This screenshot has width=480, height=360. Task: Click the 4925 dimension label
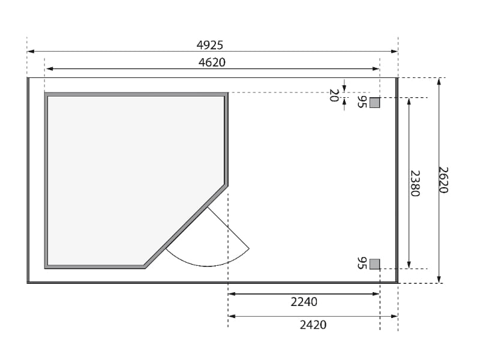point(209,46)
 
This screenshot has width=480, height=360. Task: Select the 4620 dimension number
point(212,62)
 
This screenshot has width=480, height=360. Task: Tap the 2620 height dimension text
point(443,180)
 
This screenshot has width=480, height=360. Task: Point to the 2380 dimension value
point(415,184)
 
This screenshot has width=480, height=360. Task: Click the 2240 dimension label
point(304,302)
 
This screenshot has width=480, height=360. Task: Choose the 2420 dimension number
point(313,325)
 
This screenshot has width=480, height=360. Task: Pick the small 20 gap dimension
point(334,95)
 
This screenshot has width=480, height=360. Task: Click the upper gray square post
point(374,103)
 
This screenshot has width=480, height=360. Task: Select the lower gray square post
point(374,264)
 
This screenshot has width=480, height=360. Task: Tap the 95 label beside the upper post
point(362,102)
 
